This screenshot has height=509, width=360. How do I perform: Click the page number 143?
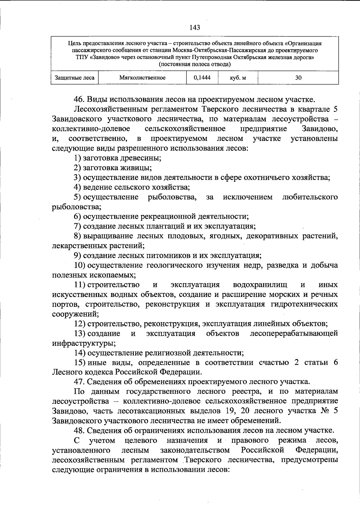tap(195, 28)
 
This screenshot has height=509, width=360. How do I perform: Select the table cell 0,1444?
tap(202, 78)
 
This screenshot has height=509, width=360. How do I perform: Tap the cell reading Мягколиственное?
tap(142, 78)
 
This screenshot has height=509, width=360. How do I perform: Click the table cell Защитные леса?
tap(75, 78)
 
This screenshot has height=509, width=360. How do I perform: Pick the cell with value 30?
tap(298, 78)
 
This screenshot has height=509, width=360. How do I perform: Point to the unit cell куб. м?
tap(238, 78)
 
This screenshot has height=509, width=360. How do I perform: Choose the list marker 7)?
tap(78, 226)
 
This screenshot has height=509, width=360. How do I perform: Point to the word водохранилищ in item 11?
tap(260, 284)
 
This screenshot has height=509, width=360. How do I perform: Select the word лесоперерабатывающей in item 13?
tap(294, 333)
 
